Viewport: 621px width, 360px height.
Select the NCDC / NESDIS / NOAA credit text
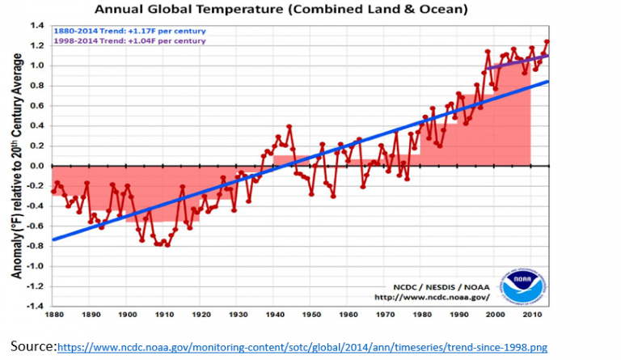click(x=430, y=286)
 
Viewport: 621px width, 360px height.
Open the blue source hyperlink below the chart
click(x=302, y=347)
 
